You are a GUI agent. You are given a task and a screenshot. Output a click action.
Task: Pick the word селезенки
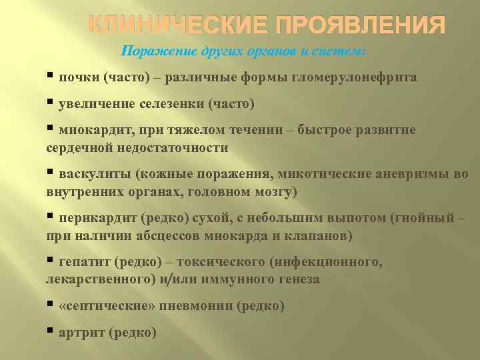[x=174, y=104]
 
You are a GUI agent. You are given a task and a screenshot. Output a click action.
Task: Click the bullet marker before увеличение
[x=51, y=103]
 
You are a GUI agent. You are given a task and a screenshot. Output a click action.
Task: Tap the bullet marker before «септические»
[x=51, y=305]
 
